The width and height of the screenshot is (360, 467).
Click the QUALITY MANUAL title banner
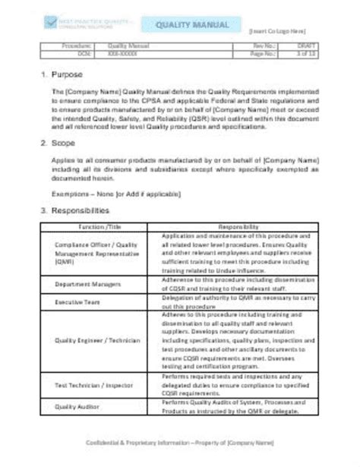[192, 26]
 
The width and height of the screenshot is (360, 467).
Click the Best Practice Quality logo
[84, 26]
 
